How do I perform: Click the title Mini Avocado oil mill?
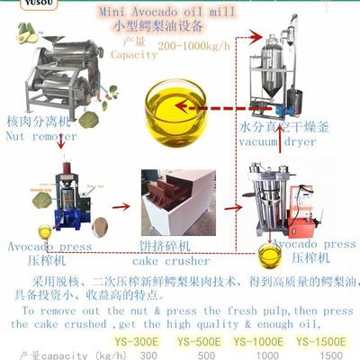[x=180, y=13]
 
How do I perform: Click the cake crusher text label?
[x=175, y=261]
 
